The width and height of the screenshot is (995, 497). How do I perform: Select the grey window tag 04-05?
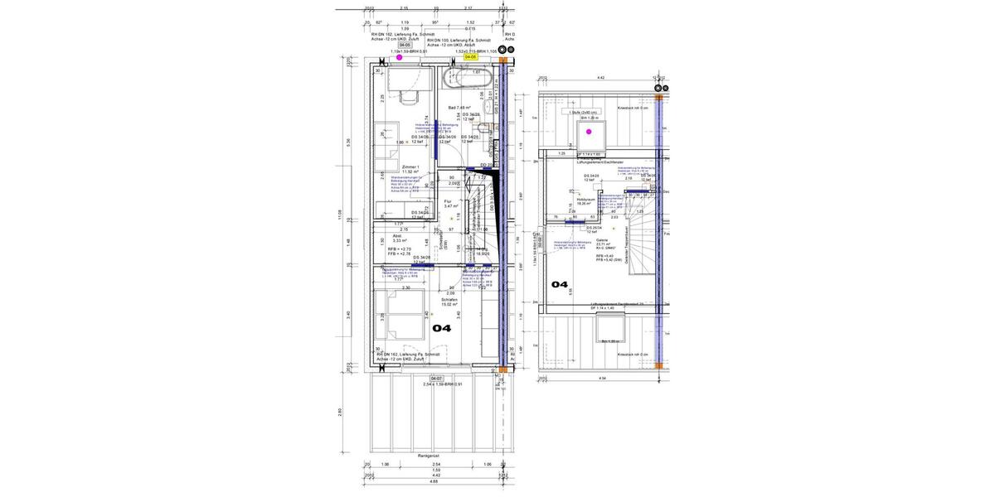(x=404, y=45)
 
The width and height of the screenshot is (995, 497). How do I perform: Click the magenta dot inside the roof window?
(x=590, y=132)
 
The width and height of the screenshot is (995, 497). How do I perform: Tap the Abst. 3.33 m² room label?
(x=399, y=239)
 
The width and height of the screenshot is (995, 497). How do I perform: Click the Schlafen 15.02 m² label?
(x=449, y=302)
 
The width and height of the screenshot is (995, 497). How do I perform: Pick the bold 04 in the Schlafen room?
(x=441, y=328)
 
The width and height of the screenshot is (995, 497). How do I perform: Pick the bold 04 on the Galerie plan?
(x=560, y=284)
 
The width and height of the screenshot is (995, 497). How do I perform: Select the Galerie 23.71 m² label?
(x=603, y=242)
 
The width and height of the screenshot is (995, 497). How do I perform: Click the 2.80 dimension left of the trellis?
(x=339, y=412)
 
